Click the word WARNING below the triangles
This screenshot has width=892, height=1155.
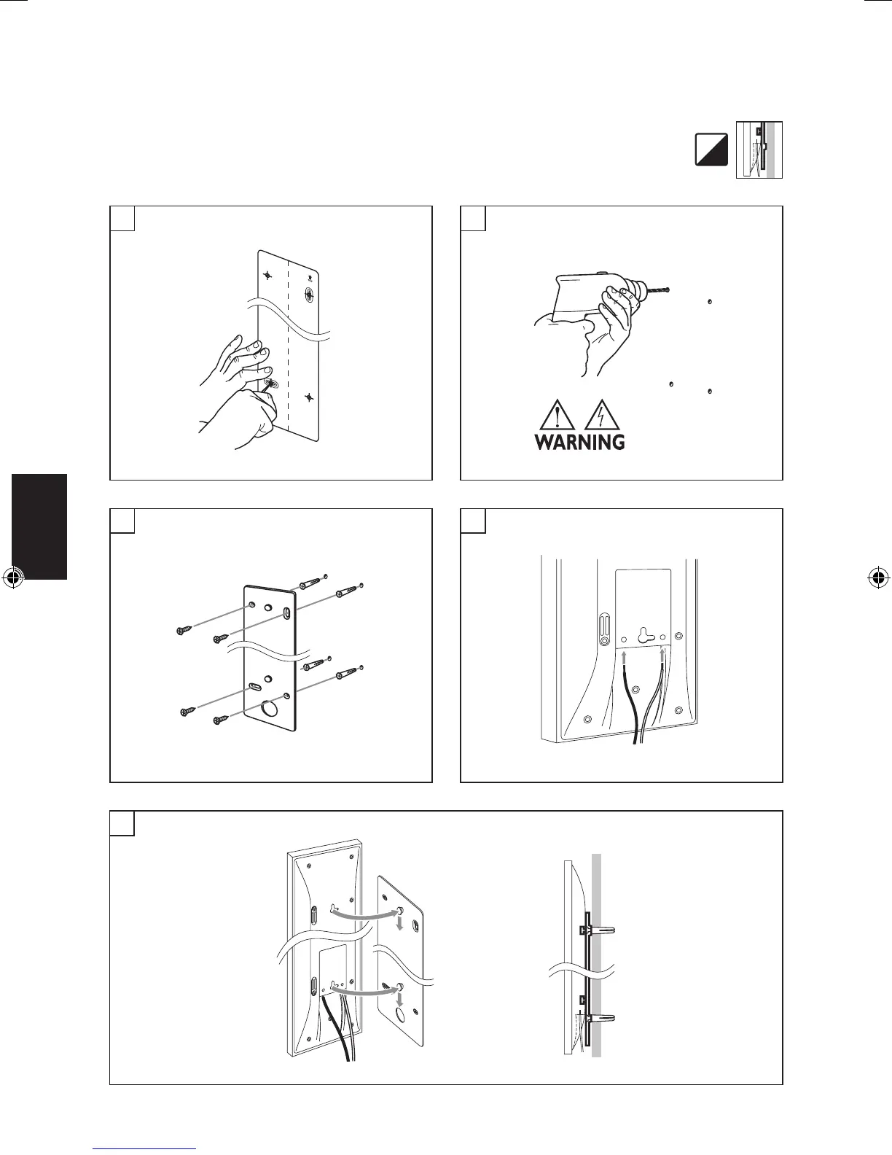[579, 442]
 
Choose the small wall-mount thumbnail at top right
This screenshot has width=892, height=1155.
[759, 150]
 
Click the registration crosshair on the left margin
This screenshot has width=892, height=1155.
[12, 578]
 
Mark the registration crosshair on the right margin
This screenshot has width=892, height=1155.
[878, 578]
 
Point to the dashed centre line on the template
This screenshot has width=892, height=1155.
[290, 343]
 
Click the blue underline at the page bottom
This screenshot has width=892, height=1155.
[146, 1149]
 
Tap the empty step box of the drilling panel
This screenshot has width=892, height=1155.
[473, 218]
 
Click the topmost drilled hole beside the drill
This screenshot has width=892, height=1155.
[710, 300]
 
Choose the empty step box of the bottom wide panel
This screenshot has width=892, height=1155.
[122, 822]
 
